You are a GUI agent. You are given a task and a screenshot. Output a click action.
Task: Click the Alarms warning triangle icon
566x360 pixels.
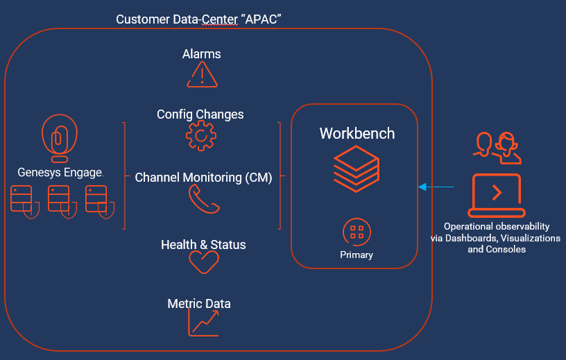pos(202,75)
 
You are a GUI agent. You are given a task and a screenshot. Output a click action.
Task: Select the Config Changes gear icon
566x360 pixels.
pos(200,135)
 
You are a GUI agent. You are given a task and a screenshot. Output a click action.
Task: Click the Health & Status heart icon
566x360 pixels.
pos(204,262)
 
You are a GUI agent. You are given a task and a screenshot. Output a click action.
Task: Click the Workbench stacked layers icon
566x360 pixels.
pos(357,169)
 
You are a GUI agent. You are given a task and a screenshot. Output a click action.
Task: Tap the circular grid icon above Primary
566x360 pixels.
pos(357,232)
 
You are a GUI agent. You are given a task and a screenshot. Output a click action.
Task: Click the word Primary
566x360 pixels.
pos(357,255)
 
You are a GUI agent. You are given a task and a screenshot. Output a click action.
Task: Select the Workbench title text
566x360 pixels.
pos(357,133)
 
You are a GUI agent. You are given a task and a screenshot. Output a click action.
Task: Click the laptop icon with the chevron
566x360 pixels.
pos(496,195)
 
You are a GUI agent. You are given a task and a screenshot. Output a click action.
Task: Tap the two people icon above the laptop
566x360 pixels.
pos(496,144)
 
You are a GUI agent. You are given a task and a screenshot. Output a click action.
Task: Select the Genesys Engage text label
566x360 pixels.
pos(60,172)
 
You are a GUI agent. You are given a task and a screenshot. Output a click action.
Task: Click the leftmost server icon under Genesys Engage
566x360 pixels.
pos(22,200)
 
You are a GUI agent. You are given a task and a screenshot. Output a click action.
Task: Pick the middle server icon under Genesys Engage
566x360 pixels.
pos(60,200)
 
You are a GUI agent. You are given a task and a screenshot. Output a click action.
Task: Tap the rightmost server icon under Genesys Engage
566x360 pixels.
pos(98,200)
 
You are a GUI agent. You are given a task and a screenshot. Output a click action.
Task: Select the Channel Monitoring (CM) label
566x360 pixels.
pos(203,178)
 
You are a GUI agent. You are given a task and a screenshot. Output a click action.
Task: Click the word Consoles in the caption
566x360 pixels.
pos(506,249)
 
